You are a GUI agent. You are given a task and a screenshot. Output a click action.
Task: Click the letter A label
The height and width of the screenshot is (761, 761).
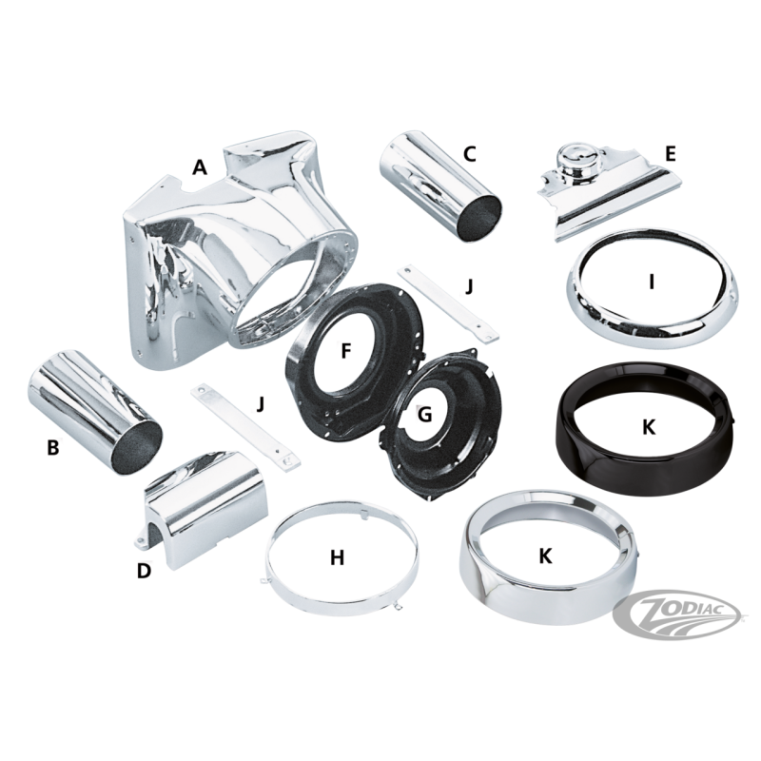pyautogui.click(x=200, y=167)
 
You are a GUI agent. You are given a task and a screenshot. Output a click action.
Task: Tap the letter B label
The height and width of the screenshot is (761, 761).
pyautogui.click(x=53, y=447)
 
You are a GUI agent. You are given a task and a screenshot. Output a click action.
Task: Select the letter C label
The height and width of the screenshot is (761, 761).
pyautogui.click(x=469, y=154)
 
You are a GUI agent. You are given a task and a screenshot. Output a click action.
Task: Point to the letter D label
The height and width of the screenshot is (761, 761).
pyautogui.click(x=144, y=571)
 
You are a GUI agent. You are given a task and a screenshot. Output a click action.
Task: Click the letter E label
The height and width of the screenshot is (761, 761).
pyautogui.click(x=670, y=153)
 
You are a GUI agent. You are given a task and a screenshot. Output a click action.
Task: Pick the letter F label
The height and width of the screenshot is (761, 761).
pyautogui.click(x=345, y=351)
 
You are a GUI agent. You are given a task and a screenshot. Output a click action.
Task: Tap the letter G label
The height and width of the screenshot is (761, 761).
pyautogui.click(x=424, y=415)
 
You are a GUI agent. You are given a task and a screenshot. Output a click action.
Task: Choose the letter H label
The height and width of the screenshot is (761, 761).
pyautogui.click(x=338, y=557)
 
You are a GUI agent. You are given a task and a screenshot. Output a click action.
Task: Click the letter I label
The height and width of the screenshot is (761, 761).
pyautogui.click(x=652, y=282)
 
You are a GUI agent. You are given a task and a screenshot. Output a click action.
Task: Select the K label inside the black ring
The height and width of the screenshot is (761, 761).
pyautogui.click(x=649, y=427)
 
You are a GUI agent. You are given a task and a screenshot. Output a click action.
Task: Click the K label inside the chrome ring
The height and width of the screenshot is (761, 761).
pyautogui.click(x=546, y=556)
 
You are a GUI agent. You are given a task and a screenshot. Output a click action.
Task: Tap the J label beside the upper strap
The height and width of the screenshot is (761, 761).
pyautogui.click(x=468, y=286)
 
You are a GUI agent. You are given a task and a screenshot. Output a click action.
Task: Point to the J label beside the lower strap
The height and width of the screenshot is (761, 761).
pyautogui.click(x=261, y=403)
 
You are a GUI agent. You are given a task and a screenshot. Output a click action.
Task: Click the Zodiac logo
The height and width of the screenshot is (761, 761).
pyautogui.click(x=677, y=615)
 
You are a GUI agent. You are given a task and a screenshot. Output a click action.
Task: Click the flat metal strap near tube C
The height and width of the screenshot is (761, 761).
pyautogui.click(x=448, y=302)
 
